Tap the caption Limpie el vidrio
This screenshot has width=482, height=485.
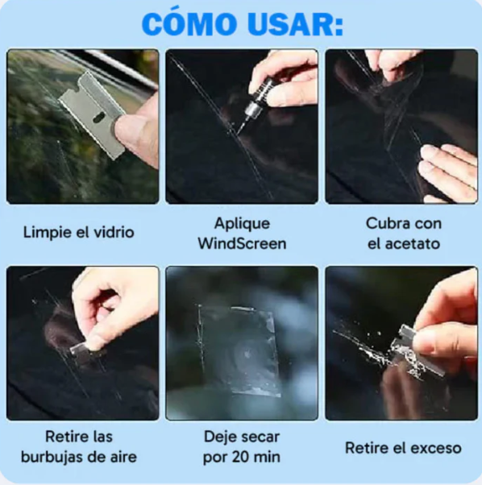78,234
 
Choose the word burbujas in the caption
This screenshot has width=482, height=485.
61,457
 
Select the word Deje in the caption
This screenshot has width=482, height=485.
219,437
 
